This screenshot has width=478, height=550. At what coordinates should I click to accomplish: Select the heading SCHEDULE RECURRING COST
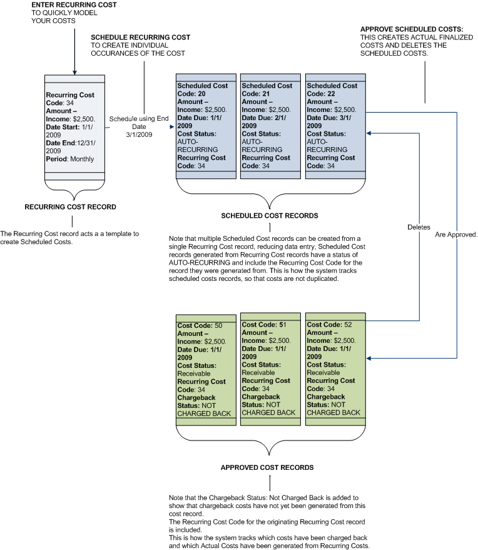[x=141, y=38]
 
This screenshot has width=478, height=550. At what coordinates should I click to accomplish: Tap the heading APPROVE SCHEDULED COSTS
[x=412, y=29]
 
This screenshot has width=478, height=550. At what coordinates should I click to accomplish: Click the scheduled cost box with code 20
[x=206, y=125]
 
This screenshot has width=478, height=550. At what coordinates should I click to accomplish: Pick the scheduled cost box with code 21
[x=270, y=125]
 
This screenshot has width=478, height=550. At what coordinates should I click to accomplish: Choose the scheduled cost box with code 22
[x=335, y=125]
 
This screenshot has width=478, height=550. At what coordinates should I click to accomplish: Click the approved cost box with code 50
[x=206, y=369]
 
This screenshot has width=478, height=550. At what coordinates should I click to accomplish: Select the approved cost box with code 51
[x=270, y=369]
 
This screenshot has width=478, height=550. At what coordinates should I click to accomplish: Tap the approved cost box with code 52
[x=335, y=369]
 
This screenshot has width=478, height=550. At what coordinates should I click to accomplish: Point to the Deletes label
[x=419, y=227]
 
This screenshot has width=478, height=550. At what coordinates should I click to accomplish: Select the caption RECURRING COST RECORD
[x=70, y=206]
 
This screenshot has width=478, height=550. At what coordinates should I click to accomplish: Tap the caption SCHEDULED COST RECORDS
[x=270, y=216]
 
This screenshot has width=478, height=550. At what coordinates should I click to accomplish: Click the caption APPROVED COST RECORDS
[x=267, y=467]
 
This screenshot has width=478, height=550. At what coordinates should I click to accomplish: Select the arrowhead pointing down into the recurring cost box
[x=74, y=71]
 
